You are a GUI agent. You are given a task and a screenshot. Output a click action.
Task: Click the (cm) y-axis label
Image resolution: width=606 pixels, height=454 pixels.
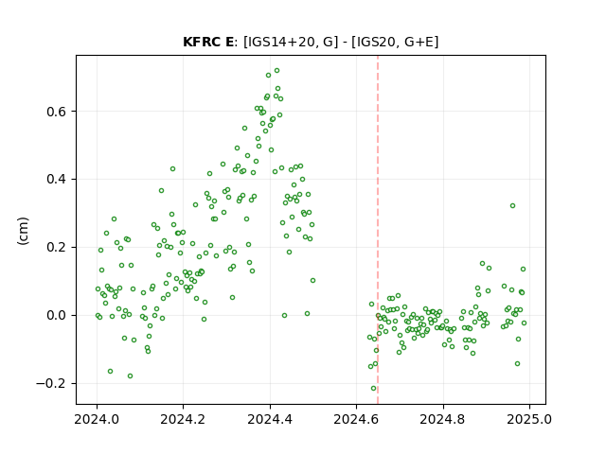[x=23, y=231]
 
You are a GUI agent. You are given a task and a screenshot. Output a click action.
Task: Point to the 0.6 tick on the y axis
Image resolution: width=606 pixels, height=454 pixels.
[x=57, y=112]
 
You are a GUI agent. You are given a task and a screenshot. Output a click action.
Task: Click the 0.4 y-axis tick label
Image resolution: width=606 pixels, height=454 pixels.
[x=57, y=180]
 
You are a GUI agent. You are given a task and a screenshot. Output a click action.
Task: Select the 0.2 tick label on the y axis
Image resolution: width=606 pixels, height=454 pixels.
[x=57, y=248]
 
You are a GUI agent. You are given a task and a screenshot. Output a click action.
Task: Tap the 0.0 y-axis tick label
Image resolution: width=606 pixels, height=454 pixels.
[x=57, y=315]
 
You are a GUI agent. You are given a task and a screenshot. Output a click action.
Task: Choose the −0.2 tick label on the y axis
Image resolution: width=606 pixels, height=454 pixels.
[x=51, y=383]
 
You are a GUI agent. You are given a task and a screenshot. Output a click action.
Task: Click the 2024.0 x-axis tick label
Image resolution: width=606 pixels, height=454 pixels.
[x=97, y=419]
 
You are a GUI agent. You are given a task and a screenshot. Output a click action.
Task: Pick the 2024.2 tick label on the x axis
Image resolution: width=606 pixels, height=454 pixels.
[x=183, y=419]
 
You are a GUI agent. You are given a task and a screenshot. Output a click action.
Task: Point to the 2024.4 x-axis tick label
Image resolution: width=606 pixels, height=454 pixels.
[x=270, y=419]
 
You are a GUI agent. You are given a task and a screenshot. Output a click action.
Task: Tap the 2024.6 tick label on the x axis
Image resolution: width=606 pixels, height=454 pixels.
[x=356, y=419]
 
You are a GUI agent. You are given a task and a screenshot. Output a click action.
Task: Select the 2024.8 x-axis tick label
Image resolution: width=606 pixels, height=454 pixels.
[x=443, y=419]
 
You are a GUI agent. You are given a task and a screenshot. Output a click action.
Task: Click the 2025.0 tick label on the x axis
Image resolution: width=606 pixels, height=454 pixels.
[x=529, y=419]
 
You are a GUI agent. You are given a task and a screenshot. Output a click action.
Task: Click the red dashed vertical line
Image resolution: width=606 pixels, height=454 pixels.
[x=378, y=230]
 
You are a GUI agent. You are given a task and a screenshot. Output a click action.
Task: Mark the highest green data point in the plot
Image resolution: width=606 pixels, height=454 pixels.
[x=276, y=71]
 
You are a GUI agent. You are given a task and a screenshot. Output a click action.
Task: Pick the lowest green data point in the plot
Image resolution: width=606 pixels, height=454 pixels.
[x=373, y=389]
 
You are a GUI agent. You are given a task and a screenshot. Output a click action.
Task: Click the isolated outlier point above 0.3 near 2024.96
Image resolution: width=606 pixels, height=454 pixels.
[x=512, y=206]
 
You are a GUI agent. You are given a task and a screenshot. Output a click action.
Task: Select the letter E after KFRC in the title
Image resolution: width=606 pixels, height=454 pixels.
[x=229, y=42]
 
